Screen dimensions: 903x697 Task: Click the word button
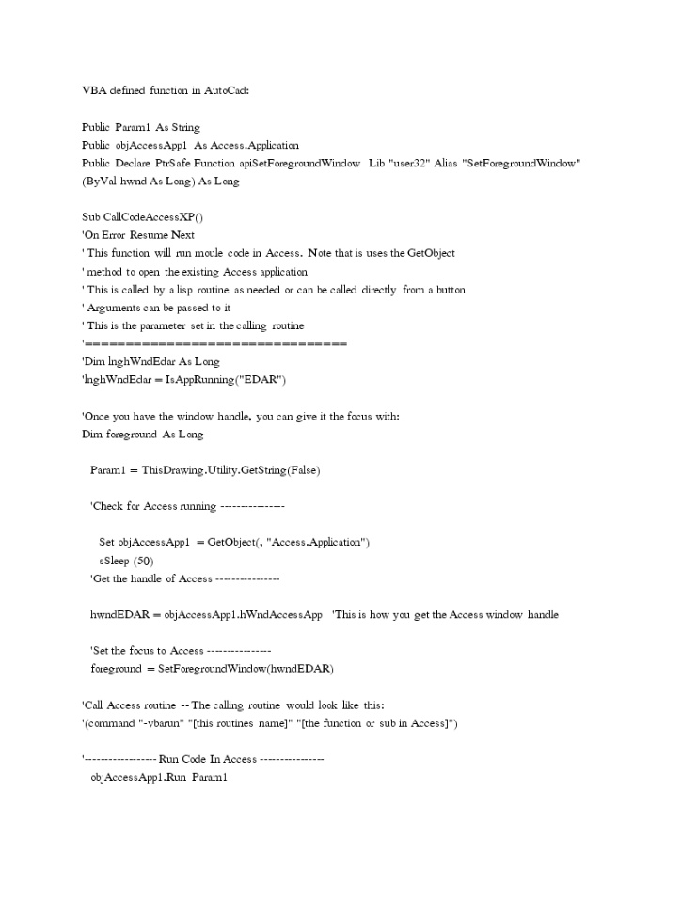(447, 290)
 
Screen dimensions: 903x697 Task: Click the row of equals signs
(216, 344)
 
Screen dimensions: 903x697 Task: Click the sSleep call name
(115, 561)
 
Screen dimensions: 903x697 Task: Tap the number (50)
(144, 561)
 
